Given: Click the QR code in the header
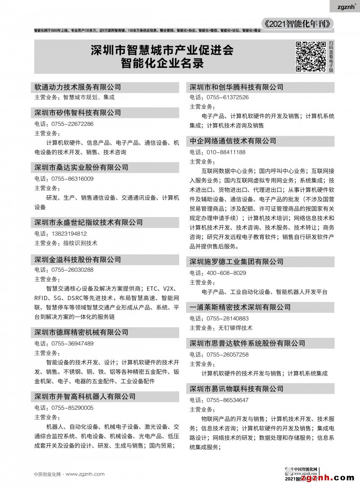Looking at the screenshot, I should (x=310, y=56).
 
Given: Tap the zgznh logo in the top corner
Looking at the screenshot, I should (x=347, y=7).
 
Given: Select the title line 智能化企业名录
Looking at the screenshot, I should (x=162, y=63).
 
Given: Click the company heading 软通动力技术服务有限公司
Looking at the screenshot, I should (x=78, y=87).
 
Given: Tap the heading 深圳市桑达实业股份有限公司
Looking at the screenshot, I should (x=81, y=167).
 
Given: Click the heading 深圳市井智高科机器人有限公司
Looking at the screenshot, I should (x=85, y=397).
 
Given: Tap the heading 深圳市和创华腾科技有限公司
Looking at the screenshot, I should (x=237, y=87).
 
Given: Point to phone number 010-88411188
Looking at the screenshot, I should (x=225, y=152).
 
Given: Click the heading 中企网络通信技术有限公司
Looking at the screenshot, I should (x=233, y=141).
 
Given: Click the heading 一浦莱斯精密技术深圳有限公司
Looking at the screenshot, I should (x=240, y=307).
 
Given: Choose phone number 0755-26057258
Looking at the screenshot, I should (x=227, y=354).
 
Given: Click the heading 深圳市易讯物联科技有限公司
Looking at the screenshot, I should (x=237, y=389).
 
